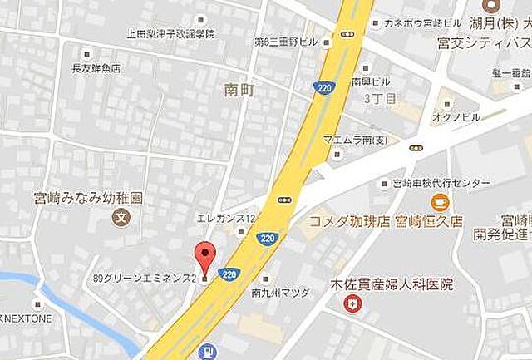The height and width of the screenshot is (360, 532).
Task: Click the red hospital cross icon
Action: click(x=354, y=304)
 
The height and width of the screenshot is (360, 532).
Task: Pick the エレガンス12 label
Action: click(x=225, y=218)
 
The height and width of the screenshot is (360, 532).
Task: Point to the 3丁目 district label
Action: click(x=377, y=97)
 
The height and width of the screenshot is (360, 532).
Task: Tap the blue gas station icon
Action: click(x=205, y=353)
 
